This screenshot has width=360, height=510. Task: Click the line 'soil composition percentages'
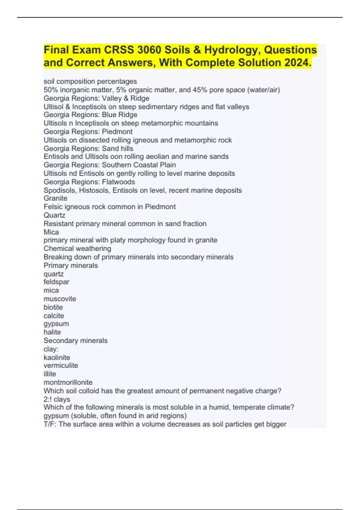click(x=90, y=81)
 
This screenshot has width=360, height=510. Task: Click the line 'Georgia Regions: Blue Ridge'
click(x=90, y=115)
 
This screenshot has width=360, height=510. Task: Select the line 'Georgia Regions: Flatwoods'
click(x=89, y=182)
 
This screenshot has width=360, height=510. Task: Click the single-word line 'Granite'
click(x=55, y=198)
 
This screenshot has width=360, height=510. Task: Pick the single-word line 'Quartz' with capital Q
click(x=54, y=215)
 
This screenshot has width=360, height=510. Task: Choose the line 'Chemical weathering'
click(x=77, y=248)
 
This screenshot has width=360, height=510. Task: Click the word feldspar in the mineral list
click(x=56, y=282)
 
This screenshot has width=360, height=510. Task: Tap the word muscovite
click(x=60, y=299)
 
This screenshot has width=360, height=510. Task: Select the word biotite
click(x=53, y=307)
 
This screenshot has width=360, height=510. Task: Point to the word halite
click(x=52, y=332)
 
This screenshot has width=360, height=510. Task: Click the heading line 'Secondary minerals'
click(x=75, y=340)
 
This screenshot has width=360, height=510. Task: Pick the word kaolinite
click(x=57, y=357)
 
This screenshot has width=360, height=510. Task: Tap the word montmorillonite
click(x=68, y=382)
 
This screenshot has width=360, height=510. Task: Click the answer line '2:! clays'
click(x=57, y=399)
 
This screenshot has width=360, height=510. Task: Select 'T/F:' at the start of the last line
click(x=50, y=424)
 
